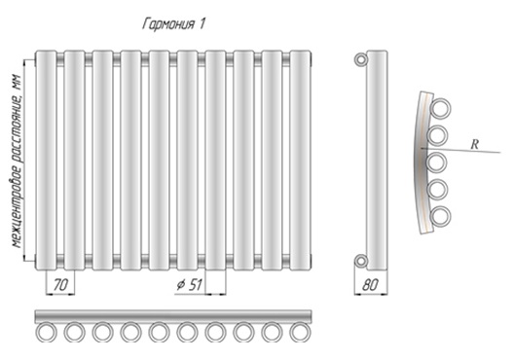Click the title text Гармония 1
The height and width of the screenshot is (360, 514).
pos(173,24)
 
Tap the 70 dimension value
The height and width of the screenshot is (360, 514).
pos(60,285)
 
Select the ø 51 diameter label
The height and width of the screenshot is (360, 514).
pos(189,285)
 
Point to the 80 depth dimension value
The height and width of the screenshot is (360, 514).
pos(371,285)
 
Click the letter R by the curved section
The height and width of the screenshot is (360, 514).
pos(474,144)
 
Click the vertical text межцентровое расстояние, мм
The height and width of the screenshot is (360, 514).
pos(18,162)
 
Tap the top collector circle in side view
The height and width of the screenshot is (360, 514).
pos(361,59)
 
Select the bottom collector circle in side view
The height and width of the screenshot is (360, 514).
pos(361,261)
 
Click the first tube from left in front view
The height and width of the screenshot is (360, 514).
pos(46,161)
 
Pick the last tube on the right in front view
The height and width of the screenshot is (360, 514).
pos(300,161)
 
